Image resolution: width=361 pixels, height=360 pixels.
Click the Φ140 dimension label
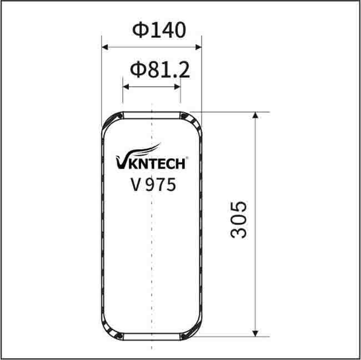click(159, 30)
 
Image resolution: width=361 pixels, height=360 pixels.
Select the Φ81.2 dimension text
click(160, 70)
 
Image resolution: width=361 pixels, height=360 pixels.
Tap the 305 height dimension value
click(238, 220)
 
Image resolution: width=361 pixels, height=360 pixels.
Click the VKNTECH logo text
click(151, 163)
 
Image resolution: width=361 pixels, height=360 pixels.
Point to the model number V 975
click(153, 185)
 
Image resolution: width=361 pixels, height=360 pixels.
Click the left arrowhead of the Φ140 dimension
click(105, 47)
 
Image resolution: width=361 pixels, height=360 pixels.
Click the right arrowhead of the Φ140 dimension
click(198, 47)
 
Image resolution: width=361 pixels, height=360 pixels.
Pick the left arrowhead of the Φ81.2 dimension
click(126, 87)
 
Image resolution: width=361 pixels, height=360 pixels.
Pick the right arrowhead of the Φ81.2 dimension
click(177, 87)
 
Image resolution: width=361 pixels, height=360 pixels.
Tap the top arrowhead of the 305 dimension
click(255, 115)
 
